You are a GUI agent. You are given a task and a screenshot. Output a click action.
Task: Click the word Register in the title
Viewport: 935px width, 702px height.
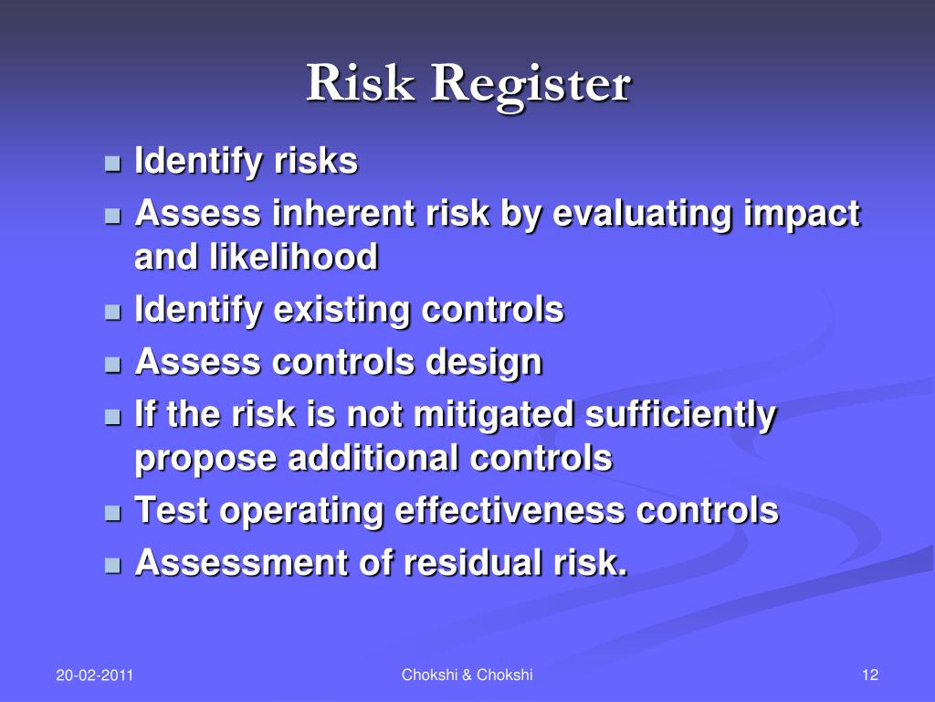[531, 85]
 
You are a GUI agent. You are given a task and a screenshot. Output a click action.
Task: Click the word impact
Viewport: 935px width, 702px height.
[804, 215]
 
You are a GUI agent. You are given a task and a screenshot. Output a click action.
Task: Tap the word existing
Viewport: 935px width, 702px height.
[343, 311]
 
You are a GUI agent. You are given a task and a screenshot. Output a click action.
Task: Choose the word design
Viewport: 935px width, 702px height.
[483, 363]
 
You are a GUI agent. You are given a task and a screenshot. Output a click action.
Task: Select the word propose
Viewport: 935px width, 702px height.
[206, 458]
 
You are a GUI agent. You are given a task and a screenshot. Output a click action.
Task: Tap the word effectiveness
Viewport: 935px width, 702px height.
[510, 510]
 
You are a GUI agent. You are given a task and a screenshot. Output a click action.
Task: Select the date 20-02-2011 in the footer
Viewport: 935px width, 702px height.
[94, 675]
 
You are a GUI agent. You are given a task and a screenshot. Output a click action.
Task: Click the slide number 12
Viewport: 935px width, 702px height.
[869, 675]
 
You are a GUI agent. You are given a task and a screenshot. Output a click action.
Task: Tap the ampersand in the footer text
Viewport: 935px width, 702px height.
[467, 675]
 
